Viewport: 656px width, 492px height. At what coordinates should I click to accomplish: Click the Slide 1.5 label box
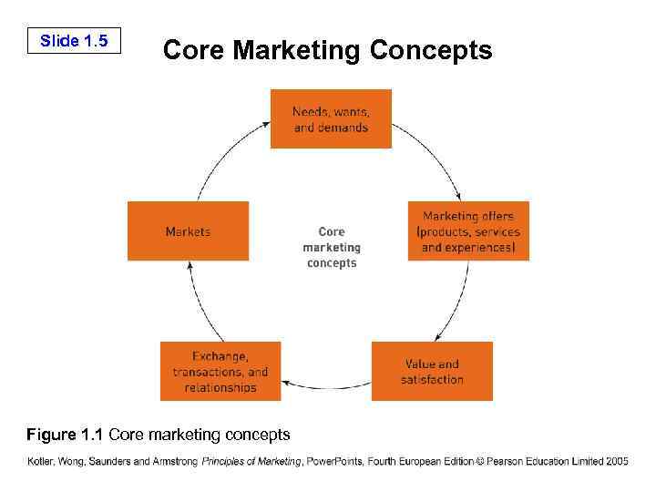[74, 41]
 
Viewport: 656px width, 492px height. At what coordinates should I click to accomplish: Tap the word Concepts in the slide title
[431, 50]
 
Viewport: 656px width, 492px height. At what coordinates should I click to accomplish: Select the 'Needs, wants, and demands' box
[331, 119]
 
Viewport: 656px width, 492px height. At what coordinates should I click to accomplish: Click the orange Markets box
[188, 231]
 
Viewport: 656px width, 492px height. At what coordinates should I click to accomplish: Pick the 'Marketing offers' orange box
[468, 231]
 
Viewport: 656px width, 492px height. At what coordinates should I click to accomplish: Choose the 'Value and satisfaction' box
[432, 371]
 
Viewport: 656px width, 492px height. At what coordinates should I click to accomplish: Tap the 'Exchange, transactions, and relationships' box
[220, 371]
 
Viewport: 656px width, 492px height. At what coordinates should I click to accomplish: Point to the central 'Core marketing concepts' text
[332, 247]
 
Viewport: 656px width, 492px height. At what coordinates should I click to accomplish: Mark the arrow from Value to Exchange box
[326, 387]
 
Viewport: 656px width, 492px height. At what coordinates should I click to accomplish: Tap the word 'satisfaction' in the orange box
[432, 379]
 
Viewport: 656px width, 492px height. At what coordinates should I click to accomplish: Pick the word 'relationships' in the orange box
[220, 387]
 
